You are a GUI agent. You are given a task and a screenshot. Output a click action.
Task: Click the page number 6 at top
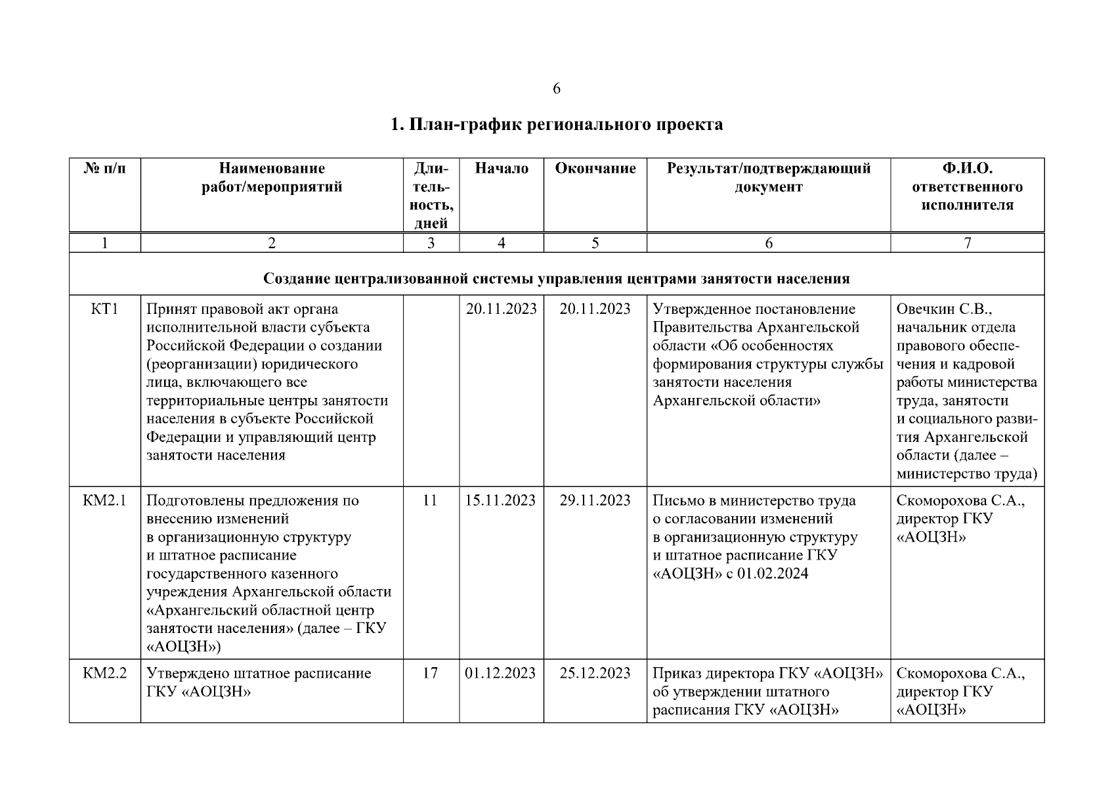557,89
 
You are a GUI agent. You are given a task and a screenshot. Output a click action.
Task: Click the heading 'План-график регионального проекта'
557,124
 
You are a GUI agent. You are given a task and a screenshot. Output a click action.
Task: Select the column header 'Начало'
502,169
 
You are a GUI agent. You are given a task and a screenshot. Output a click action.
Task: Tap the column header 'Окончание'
595,169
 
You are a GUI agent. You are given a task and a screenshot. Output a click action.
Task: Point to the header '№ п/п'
105,169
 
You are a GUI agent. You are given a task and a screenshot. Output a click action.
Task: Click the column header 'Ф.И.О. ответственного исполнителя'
967,186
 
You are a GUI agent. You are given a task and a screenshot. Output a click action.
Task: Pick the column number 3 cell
431,243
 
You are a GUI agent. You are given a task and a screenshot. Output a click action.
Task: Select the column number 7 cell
967,243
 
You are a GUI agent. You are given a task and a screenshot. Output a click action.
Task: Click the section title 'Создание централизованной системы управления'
557,278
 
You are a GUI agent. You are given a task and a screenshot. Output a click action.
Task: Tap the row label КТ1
105,309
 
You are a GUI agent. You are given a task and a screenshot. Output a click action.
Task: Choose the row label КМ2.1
105,500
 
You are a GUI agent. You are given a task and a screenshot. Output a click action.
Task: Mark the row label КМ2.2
105,673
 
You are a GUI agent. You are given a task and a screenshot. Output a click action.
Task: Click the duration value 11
430,500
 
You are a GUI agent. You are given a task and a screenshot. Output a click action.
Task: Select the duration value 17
430,673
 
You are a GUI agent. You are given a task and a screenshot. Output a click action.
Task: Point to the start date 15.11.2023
501,500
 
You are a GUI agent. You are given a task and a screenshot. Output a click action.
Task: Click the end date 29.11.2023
595,500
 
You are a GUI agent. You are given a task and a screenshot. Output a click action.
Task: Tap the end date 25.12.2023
595,673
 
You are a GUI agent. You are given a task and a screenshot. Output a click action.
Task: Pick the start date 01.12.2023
501,673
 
